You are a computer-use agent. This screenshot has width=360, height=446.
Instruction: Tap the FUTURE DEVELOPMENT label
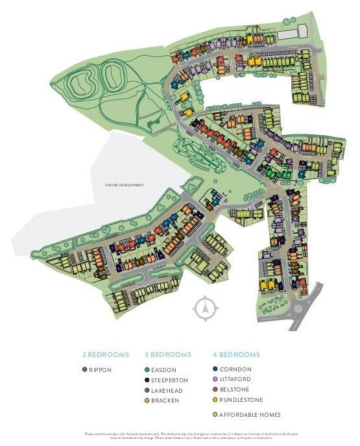tap(125, 185)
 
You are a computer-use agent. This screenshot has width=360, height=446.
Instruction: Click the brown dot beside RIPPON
tap(85, 369)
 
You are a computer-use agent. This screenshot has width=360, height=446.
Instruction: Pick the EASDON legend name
tap(164, 369)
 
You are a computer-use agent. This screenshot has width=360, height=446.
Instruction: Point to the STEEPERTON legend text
tap(170, 380)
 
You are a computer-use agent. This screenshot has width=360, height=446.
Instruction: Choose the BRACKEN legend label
tap(165, 401)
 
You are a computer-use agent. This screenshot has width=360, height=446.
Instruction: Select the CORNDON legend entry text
tap(235, 369)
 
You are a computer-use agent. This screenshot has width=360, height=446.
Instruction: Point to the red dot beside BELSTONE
tap(215, 390)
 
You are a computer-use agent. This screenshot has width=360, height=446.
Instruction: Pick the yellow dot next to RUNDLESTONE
tap(215, 401)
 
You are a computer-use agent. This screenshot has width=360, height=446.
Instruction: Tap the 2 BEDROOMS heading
tap(106, 354)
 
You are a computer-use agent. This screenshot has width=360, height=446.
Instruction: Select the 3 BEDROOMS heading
tap(167, 354)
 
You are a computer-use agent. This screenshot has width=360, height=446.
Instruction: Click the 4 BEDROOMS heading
tap(236, 354)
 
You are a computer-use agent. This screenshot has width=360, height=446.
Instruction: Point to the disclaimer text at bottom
tap(180, 436)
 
